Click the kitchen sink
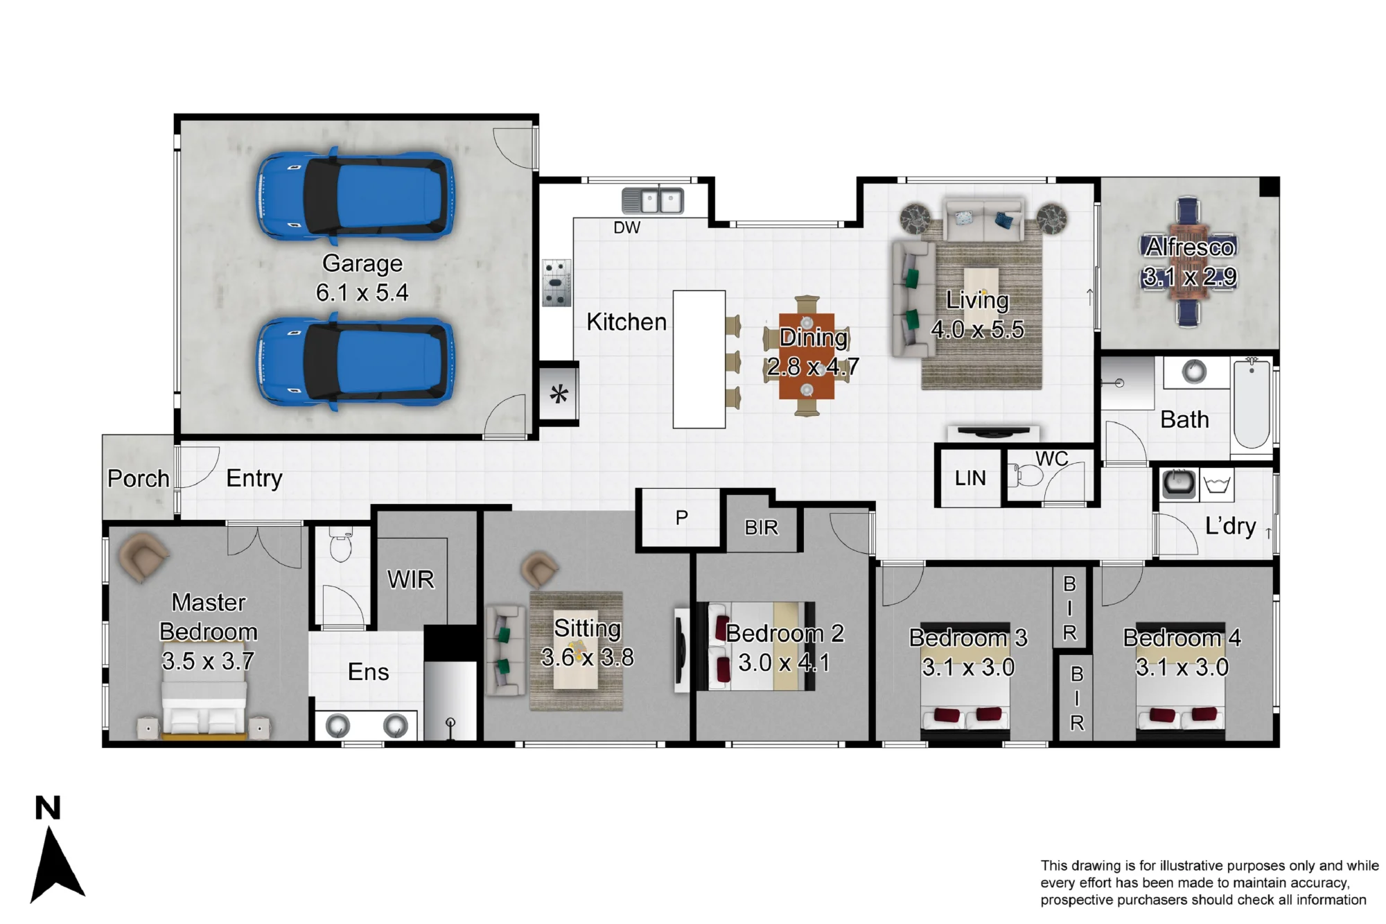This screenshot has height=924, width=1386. [x=653, y=201]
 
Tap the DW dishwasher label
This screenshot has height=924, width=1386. [x=627, y=227]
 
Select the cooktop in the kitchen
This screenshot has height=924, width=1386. [x=556, y=283]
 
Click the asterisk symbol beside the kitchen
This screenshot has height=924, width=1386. [x=559, y=394]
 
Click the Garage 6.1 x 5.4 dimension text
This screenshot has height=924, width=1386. [x=362, y=293]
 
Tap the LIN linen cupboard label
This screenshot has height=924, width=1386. [x=970, y=478]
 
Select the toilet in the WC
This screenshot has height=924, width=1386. [x=1028, y=476]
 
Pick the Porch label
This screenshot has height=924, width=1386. [x=139, y=478]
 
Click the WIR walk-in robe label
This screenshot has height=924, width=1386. [x=411, y=579]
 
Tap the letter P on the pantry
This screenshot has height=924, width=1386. [x=682, y=517]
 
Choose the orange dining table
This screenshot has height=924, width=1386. [x=807, y=357]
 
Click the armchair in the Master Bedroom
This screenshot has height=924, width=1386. [x=143, y=556]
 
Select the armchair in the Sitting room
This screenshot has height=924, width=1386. [x=538, y=569]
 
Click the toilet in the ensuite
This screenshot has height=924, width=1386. [x=340, y=544]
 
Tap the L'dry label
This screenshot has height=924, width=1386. [x=1231, y=526]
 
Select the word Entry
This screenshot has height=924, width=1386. [x=254, y=478]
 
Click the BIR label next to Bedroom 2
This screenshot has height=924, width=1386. [x=762, y=528]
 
